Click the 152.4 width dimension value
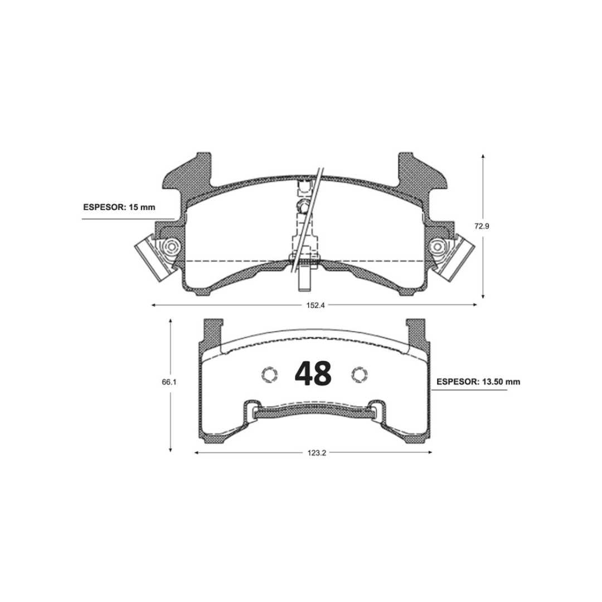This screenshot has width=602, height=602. [x=315, y=305]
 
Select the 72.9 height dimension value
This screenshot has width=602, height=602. [x=482, y=226]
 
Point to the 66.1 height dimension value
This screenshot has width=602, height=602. [x=169, y=382]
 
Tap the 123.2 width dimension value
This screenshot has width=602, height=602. [x=317, y=453]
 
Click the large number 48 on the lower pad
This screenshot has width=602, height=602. [x=313, y=373]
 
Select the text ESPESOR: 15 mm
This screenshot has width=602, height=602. [x=119, y=207]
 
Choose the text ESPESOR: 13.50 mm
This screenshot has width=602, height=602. [x=478, y=382]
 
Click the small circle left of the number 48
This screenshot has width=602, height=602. [x=270, y=375]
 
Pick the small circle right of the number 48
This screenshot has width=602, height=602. [x=360, y=374]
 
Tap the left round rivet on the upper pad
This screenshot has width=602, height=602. [x=171, y=246]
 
